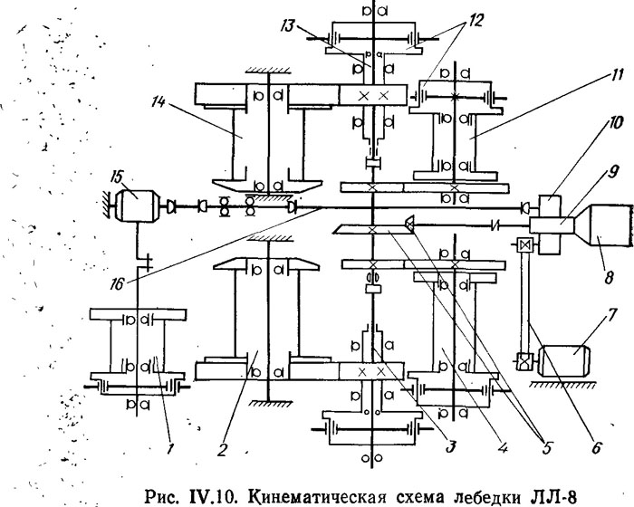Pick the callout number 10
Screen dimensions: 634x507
pyautogui.click(x=615, y=123)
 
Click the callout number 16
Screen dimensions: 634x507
pyautogui.click(x=117, y=284)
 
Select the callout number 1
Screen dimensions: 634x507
pyautogui.click(x=170, y=448)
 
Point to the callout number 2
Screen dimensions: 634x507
pyautogui.click(x=222, y=449)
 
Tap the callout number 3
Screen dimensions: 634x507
pyautogui.click(x=450, y=446)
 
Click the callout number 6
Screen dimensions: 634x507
pyautogui.click(x=596, y=447)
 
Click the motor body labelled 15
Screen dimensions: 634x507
pyautogui.click(x=136, y=206)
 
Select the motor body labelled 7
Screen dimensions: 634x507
pyautogui.click(x=564, y=359)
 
